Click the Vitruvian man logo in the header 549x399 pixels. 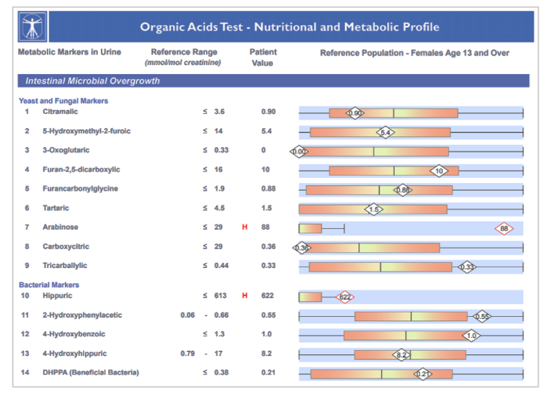click(33, 27)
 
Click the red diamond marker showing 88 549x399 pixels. click(504, 228)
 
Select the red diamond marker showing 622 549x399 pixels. click(345, 297)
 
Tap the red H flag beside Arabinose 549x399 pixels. click(245, 228)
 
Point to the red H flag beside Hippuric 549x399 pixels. click(245, 296)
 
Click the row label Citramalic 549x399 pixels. click(61, 112)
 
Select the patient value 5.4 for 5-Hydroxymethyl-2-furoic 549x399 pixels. click(267, 132)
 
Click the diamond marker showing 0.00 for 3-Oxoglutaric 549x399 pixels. click(299, 151)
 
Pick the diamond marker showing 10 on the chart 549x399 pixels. click(439, 171)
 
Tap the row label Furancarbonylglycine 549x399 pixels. click(80, 189)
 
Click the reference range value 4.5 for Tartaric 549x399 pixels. click(220, 209)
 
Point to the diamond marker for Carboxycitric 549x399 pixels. click(301, 248)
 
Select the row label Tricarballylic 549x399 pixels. click(65, 266)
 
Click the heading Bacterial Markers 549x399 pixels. click(49, 285)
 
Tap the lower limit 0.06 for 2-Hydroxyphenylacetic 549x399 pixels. click(187, 315)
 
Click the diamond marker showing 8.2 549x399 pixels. click(401, 354)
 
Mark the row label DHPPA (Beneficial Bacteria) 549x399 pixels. click(91, 372)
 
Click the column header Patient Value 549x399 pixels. click(263, 58)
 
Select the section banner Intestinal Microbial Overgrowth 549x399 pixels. click(93, 81)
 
